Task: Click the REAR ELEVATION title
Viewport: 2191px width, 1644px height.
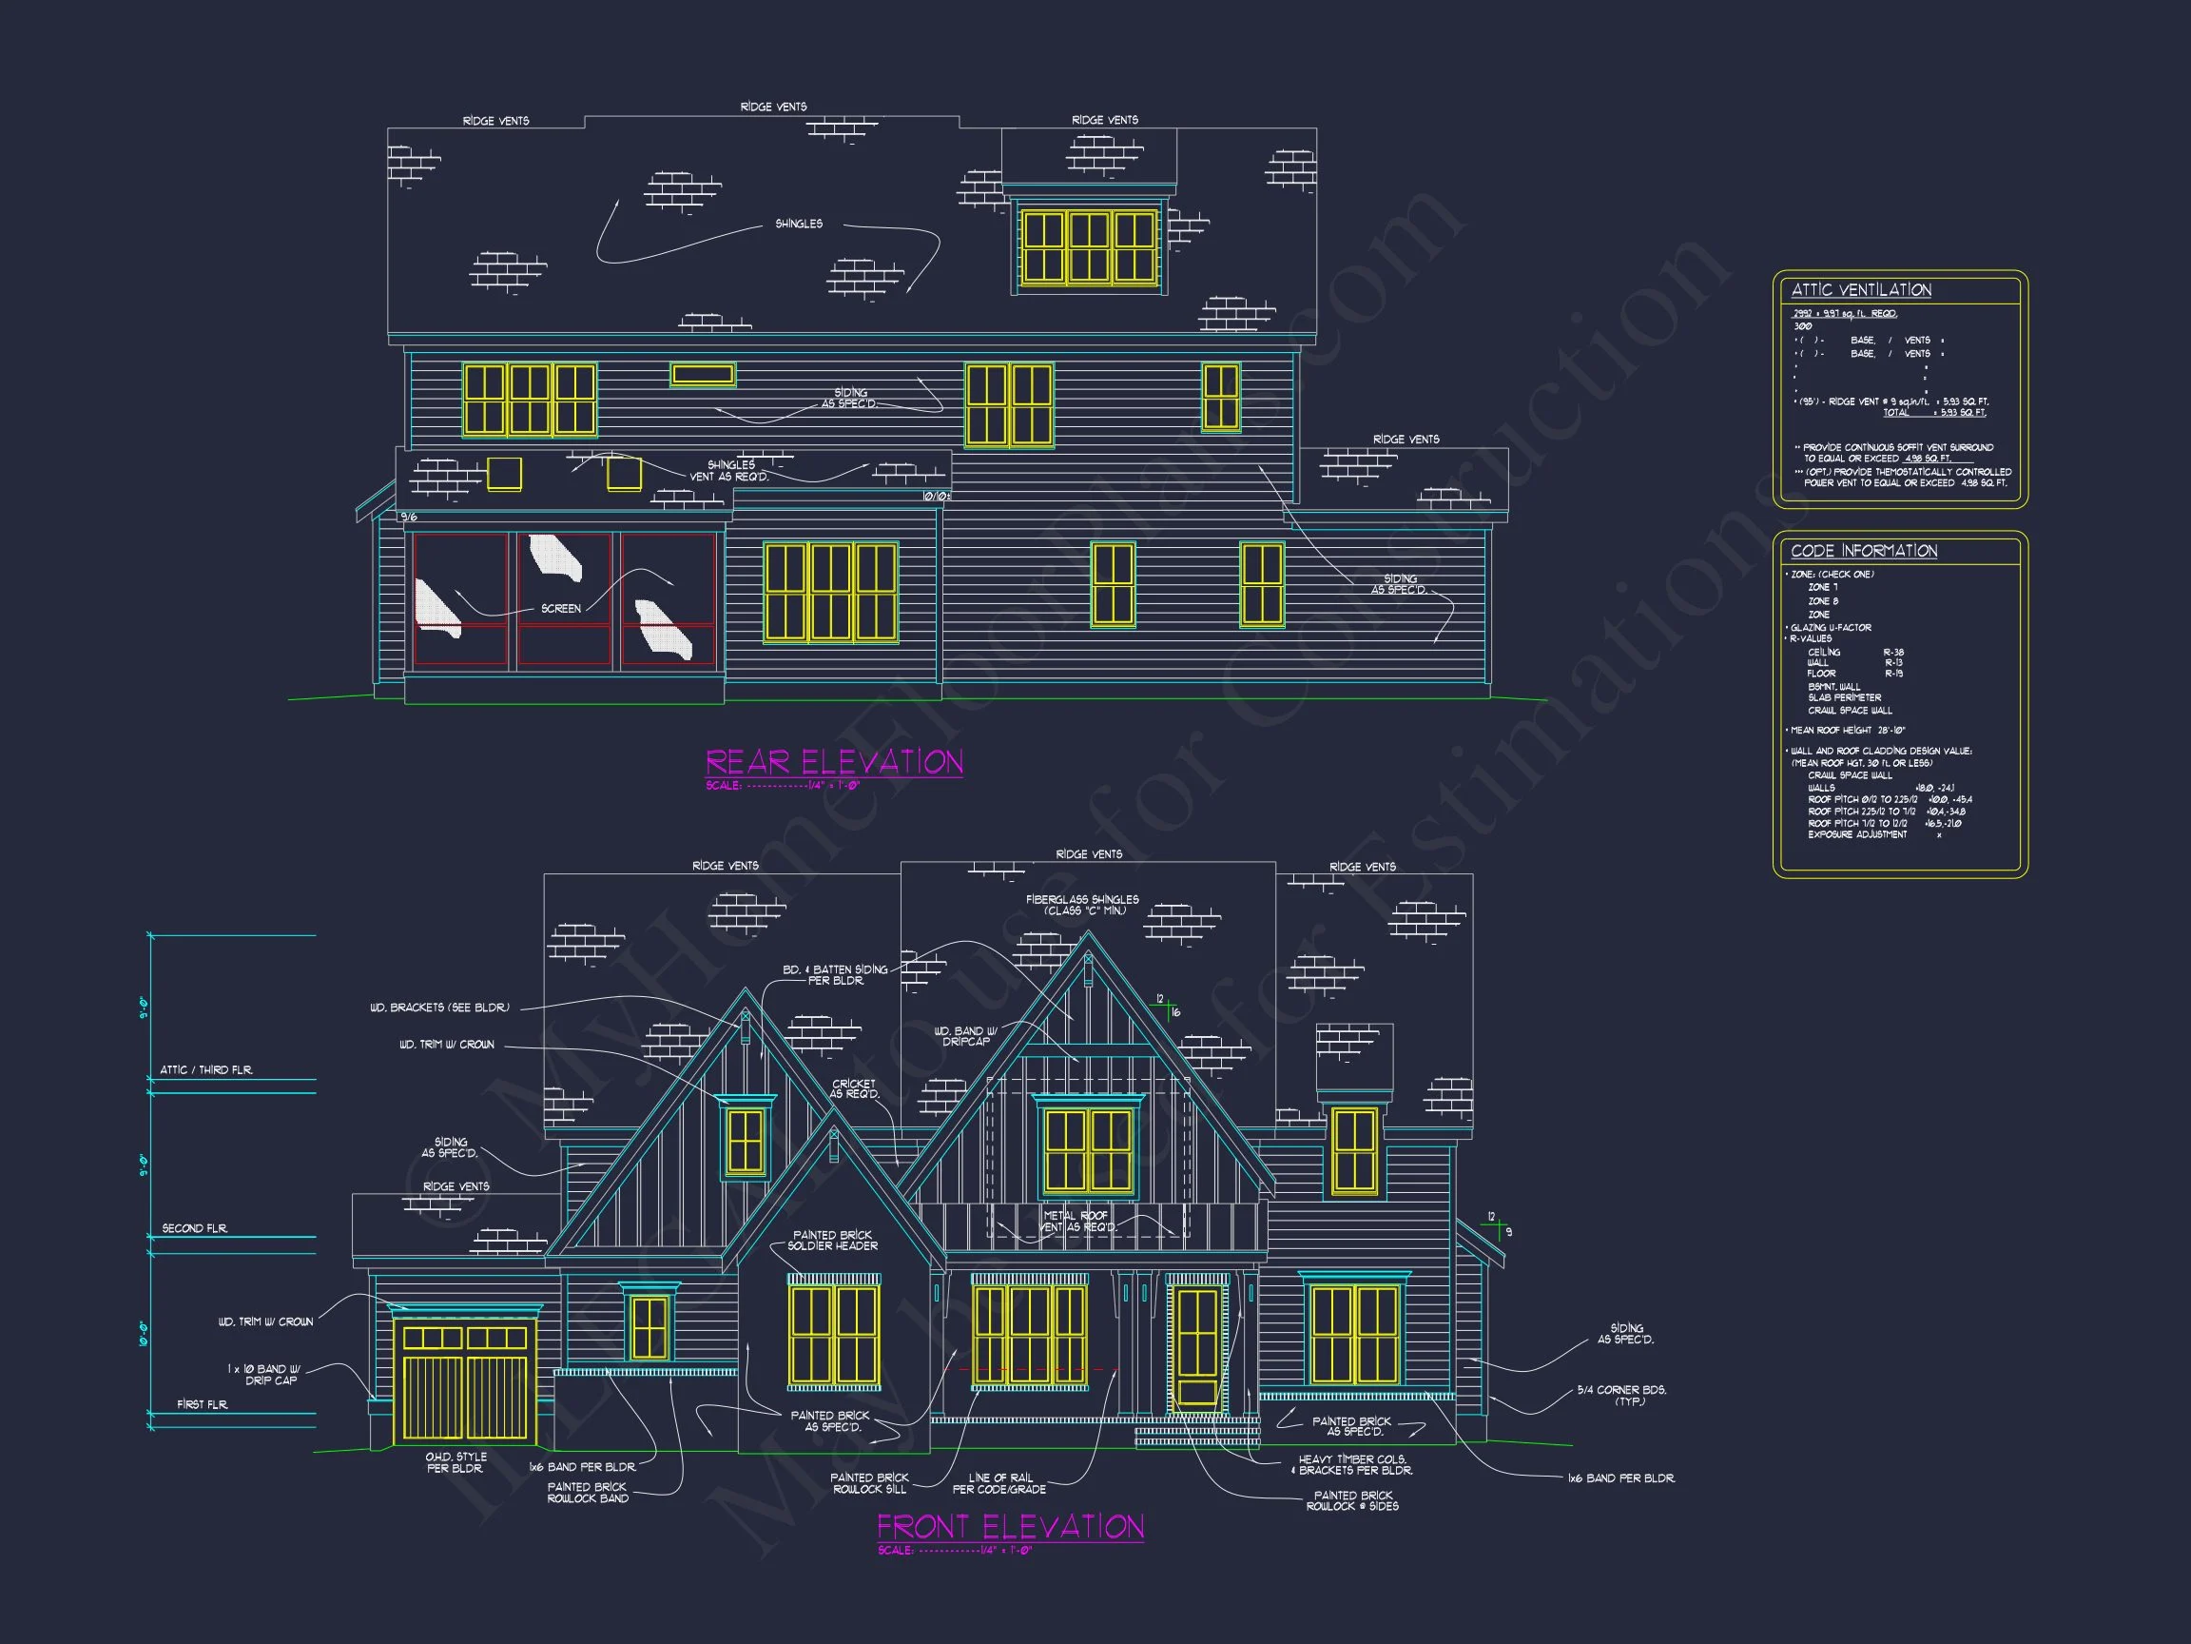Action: pyautogui.click(x=834, y=762)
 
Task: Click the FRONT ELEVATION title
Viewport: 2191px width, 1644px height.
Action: pyautogui.click(x=1010, y=1527)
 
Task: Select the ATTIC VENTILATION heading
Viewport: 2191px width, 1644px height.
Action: pyautogui.click(x=1861, y=290)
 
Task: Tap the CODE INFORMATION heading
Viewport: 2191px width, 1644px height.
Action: pyautogui.click(x=1863, y=551)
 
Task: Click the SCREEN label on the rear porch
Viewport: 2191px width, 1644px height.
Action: pyautogui.click(x=561, y=609)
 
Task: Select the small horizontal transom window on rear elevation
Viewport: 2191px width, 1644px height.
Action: pyautogui.click(x=702, y=375)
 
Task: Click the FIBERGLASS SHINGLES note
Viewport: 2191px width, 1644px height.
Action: pyautogui.click(x=1081, y=905)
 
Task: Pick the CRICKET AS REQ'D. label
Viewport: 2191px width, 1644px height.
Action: pyautogui.click(x=853, y=1089)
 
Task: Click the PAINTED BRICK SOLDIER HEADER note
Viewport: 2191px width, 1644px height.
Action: pyautogui.click(x=832, y=1241)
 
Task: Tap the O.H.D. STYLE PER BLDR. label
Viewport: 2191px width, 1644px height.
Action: pyautogui.click(x=456, y=1462)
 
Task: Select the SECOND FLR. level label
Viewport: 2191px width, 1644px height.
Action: pyautogui.click(x=195, y=1229)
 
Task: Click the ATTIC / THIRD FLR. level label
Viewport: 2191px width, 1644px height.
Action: pyautogui.click(x=206, y=1070)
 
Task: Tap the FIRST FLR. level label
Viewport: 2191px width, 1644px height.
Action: pyautogui.click(x=202, y=1404)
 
